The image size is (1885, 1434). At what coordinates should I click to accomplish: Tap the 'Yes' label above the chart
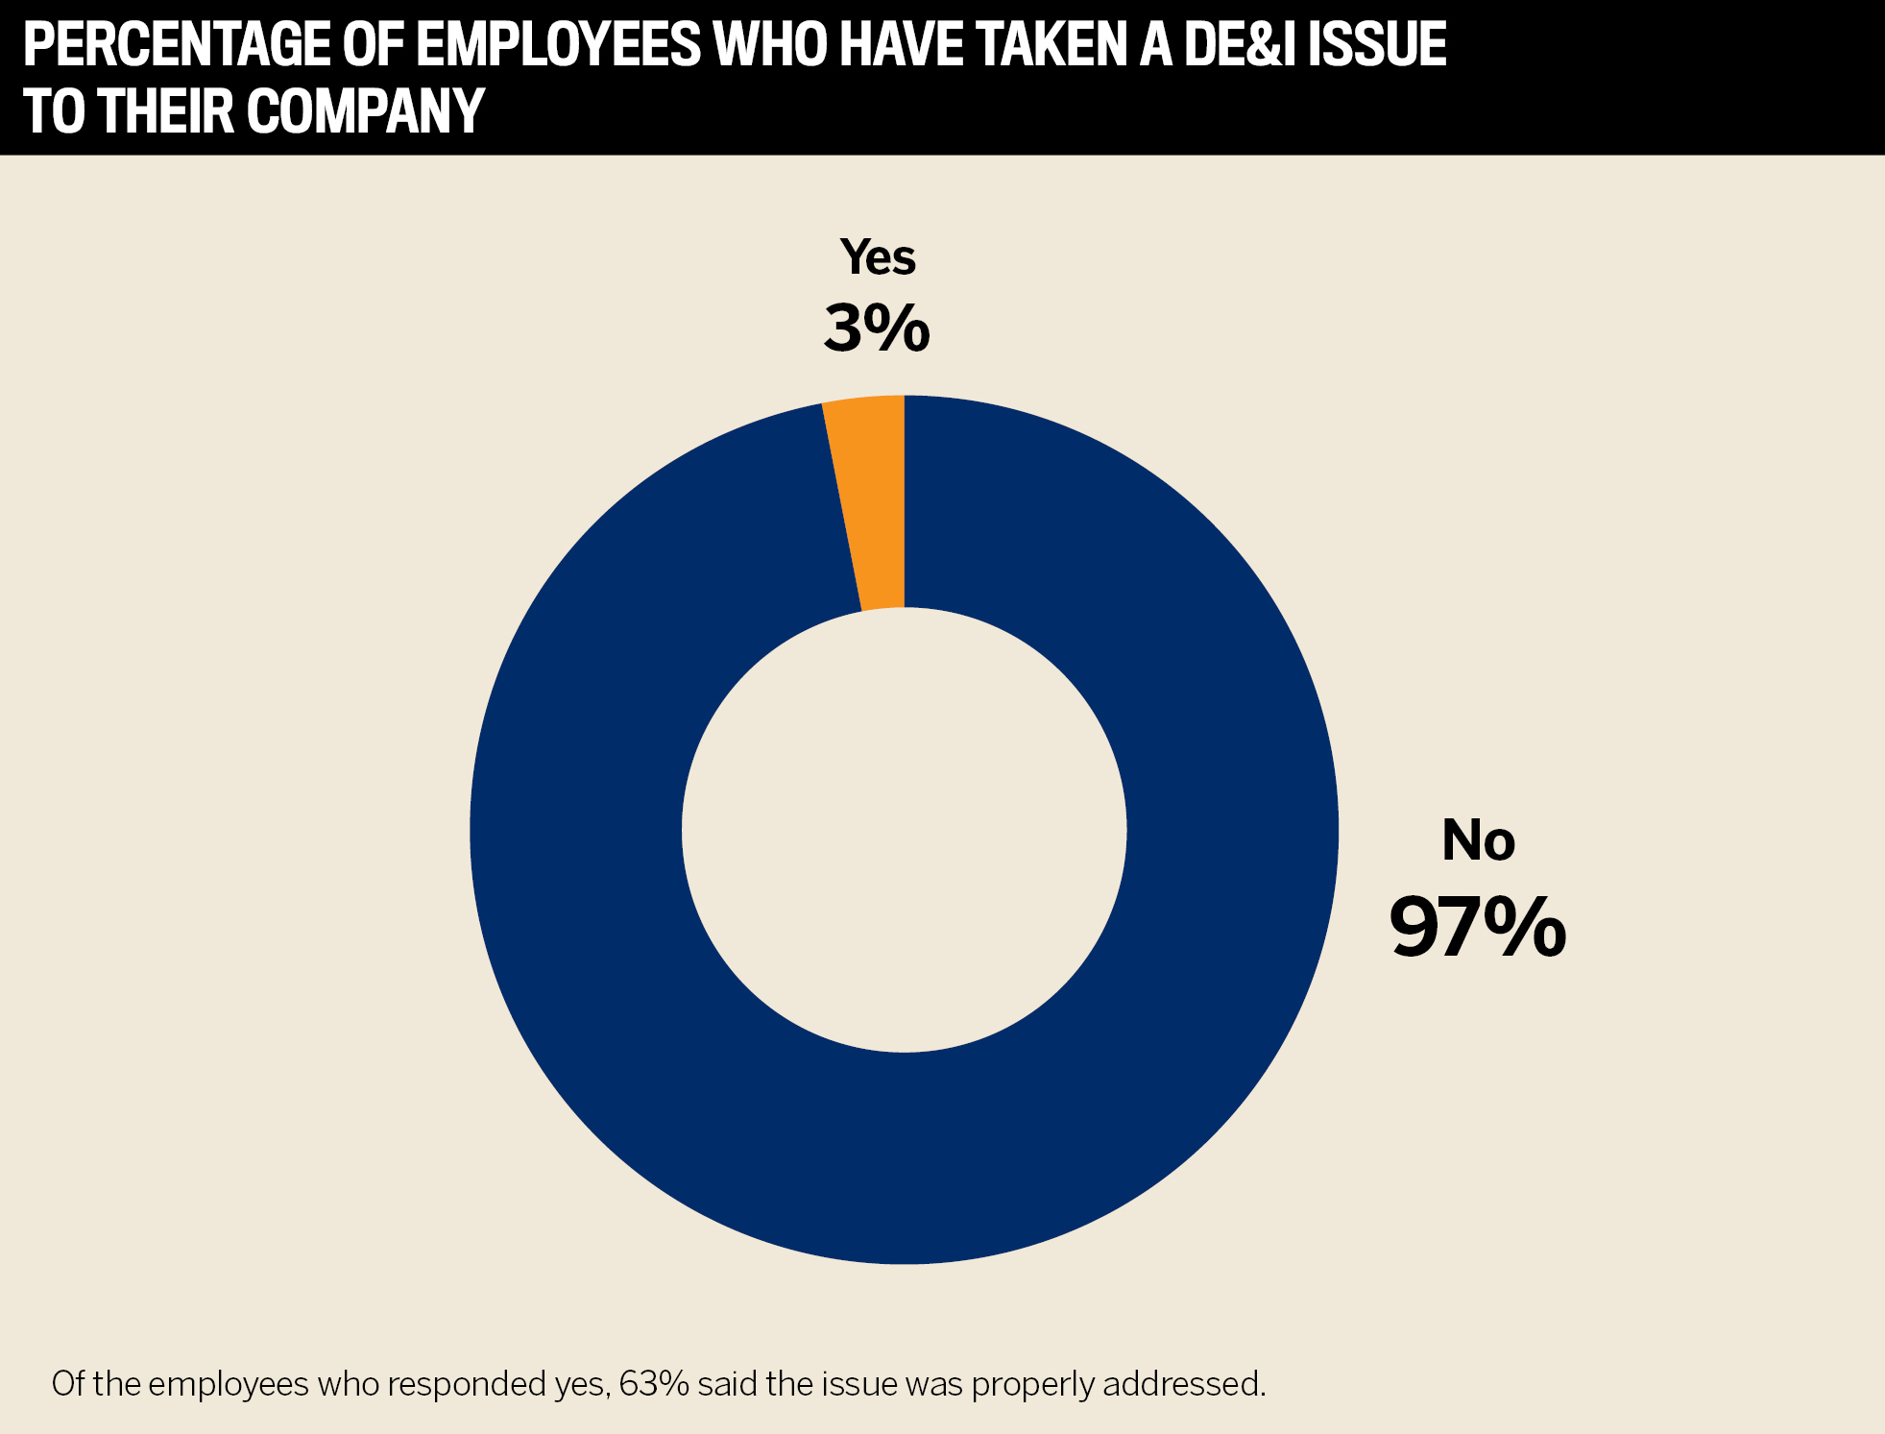(878, 257)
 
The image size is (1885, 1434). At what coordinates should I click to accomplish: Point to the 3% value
(877, 328)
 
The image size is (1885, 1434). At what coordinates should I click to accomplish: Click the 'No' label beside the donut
(1478, 840)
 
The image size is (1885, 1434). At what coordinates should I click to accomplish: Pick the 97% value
(1477, 927)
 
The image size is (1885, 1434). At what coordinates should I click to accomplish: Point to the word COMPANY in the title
(366, 111)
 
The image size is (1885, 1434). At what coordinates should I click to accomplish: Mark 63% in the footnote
(654, 1384)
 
